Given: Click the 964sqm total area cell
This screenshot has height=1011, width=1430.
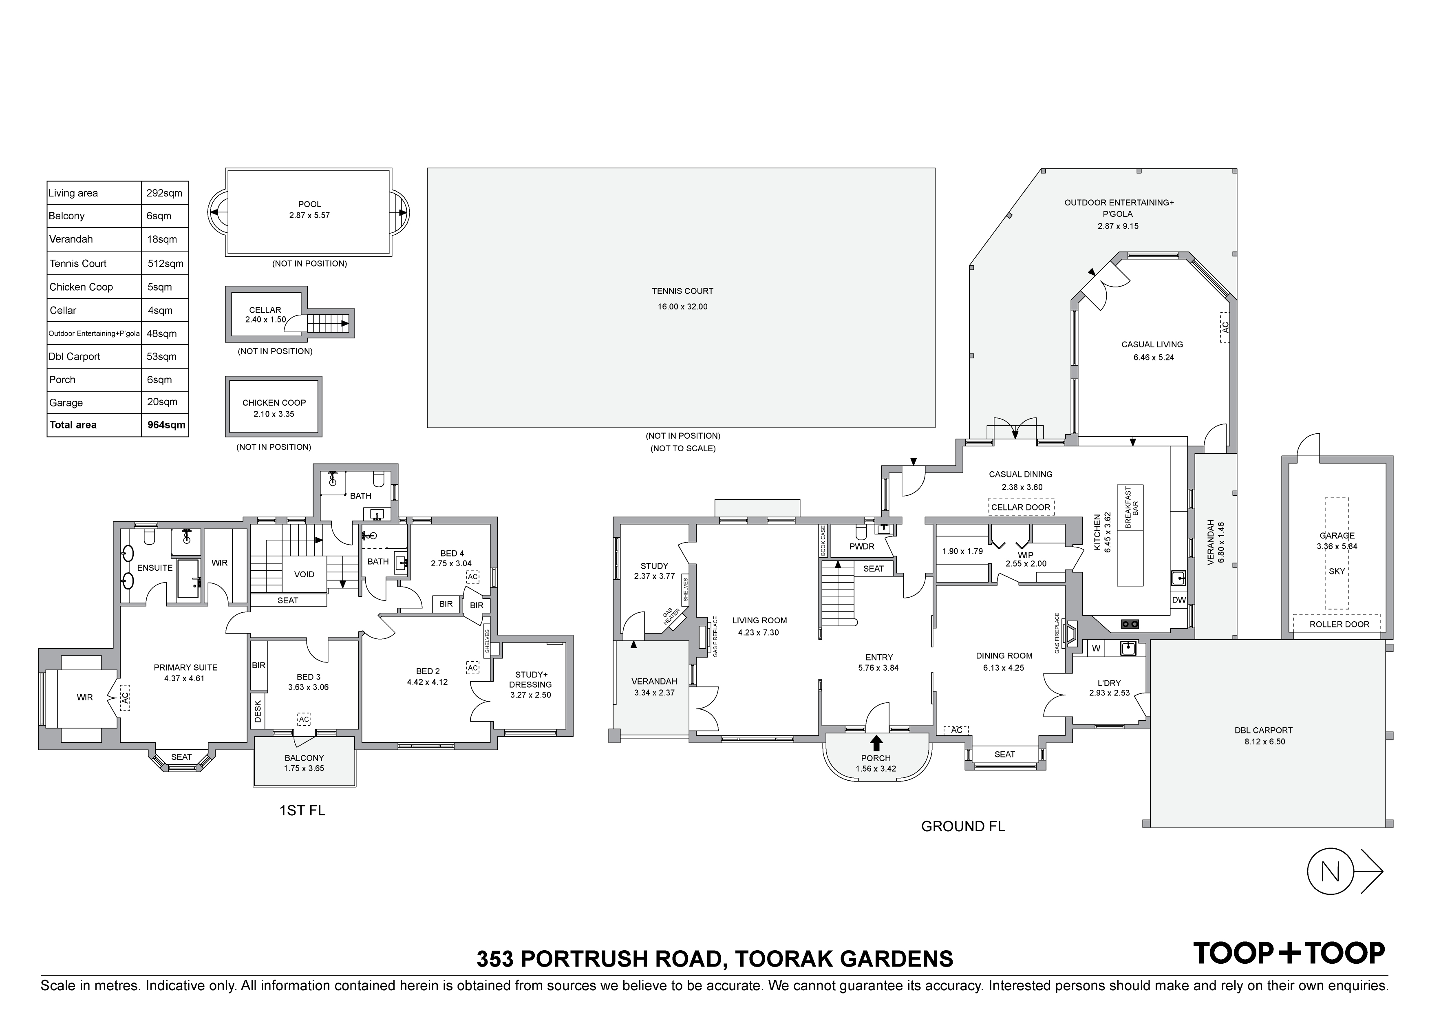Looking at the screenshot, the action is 165,425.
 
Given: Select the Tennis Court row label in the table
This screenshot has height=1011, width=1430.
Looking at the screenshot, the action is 78,263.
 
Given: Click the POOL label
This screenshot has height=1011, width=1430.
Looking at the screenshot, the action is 309,204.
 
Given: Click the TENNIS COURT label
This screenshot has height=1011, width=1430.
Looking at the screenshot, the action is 683,291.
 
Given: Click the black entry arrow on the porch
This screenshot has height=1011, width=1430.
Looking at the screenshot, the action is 876,742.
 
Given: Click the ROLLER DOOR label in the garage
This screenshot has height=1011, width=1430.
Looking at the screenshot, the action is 1339,624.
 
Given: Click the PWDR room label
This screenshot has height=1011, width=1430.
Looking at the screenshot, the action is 862,546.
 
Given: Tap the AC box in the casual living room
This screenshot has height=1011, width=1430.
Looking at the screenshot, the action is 1225,327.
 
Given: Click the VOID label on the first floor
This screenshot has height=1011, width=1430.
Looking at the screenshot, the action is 304,574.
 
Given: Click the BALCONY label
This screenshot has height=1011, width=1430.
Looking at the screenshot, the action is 305,758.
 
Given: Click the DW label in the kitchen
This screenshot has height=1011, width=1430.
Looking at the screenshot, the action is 1178,600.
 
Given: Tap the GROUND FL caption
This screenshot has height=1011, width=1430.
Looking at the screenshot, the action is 963,827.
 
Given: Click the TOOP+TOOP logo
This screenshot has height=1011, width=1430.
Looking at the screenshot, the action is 1288,952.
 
